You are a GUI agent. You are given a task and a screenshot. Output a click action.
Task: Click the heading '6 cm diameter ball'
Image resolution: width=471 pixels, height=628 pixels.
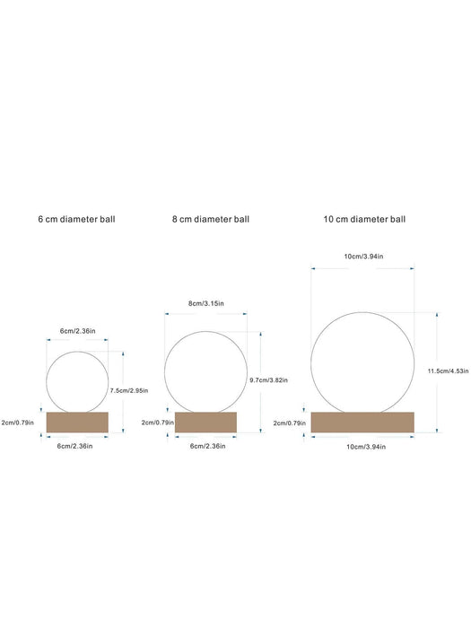click(x=76, y=220)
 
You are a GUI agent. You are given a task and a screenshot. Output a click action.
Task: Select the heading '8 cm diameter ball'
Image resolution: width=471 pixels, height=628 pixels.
click(x=211, y=220)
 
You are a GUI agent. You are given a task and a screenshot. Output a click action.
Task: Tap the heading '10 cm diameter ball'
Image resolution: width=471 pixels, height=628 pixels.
click(x=364, y=220)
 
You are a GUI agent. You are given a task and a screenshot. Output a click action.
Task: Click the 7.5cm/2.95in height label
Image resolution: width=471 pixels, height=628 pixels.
click(x=129, y=390)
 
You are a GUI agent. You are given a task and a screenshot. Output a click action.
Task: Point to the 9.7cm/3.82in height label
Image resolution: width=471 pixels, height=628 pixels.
click(x=268, y=380)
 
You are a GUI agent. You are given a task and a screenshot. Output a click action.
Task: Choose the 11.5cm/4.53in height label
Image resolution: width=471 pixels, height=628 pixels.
click(x=448, y=371)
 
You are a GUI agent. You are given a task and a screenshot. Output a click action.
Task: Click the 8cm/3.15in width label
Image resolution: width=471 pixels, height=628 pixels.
click(x=205, y=303)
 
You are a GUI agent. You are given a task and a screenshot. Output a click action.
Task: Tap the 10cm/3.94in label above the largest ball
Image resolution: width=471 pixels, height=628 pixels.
click(x=363, y=257)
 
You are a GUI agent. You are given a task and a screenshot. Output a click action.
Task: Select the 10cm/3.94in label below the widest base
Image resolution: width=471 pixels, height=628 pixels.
click(x=366, y=447)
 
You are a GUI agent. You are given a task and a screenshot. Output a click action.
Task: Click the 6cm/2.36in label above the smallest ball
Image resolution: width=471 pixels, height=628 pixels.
click(x=78, y=331)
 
